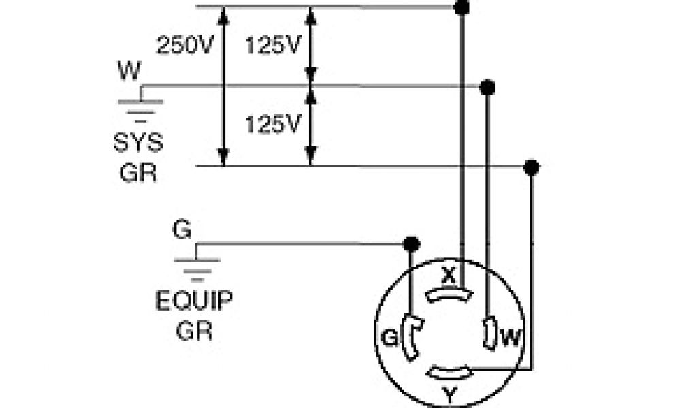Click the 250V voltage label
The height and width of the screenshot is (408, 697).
tap(186, 46)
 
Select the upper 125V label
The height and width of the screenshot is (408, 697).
tap(273, 46)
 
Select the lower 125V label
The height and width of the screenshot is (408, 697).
tap(273, 124)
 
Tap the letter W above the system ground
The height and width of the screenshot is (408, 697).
tap(129, 69)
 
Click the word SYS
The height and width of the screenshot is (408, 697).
tap(138, 143)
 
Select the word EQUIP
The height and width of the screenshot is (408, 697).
tap(194, 301)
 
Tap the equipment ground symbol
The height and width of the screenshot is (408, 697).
tap(197, 266)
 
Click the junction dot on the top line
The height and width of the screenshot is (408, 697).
tap(462, 7)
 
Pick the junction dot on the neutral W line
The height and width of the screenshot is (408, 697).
tap(487, 88)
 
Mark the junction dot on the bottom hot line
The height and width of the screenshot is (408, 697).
tap(532, 167)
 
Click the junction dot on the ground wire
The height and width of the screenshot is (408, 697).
tap(410, 244)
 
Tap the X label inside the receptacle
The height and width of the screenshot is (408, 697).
tap(448, 275)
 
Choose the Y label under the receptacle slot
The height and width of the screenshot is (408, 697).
tap(449, 394)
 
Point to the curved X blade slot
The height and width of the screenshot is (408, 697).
tap(449, 294)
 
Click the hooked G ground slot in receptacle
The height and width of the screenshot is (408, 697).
tap(411, 335)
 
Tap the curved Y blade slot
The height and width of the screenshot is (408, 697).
tap(449, 372)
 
